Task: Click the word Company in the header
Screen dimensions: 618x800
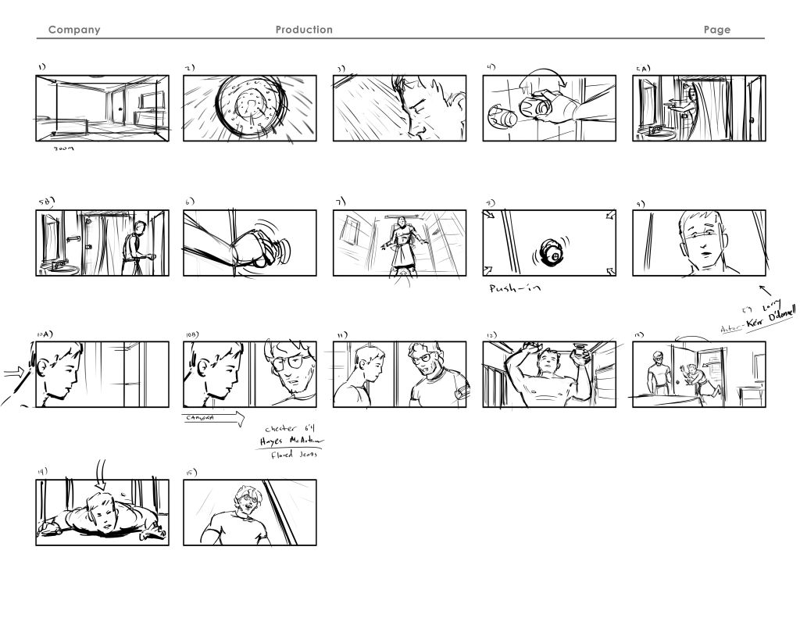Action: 74,30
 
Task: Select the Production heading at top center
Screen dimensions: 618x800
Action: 304,30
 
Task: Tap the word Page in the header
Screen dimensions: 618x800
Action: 716,30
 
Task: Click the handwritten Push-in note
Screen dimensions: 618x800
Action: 516,288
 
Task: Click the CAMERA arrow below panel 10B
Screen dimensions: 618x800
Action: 212,419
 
